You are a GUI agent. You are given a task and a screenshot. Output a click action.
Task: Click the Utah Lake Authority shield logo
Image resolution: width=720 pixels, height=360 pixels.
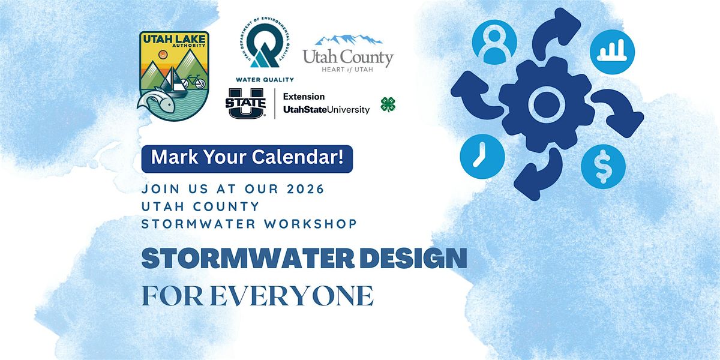(x=173, y=76)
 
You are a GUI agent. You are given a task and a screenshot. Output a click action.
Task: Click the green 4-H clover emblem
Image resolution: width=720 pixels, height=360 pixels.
(x=388, y=104)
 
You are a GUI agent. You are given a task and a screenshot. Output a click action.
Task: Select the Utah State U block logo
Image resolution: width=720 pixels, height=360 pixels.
(x=245, y=103)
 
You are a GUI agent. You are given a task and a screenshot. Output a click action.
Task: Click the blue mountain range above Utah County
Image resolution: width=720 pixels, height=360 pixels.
(x=349, y=39)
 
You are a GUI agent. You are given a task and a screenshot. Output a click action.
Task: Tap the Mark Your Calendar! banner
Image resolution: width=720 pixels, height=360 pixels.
(x=247, y=159)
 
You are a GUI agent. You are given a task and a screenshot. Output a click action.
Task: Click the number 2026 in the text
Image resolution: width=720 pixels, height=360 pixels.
(x=305, y=189)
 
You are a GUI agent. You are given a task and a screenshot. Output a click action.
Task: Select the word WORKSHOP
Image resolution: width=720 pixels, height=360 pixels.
(x=311, y=224)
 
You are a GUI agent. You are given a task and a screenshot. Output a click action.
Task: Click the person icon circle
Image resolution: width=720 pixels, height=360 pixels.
(x=494, y=43)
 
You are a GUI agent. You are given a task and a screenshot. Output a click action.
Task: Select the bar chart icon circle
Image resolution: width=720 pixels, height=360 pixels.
(x=612, y=52)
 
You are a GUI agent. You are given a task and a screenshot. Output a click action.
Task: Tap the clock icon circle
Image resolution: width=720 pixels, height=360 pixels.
(x=482, y=156)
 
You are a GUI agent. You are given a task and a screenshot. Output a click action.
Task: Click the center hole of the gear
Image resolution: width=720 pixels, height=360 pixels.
(x=546, y=103)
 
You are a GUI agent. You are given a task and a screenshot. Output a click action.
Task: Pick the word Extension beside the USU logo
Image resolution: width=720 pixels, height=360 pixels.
(x=304, y=97)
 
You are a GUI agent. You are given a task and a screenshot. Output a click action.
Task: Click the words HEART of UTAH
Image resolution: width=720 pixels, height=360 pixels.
(x=347, y=70)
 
